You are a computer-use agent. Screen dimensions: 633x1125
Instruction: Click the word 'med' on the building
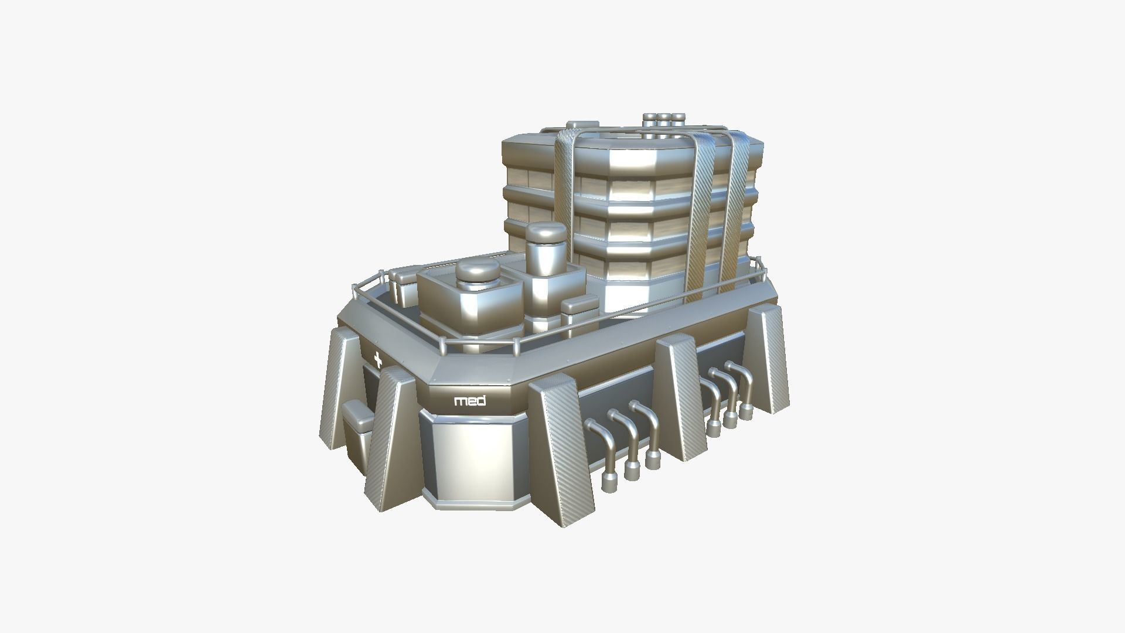click(470, 401)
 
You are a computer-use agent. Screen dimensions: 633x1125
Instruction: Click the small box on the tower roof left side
click(582, 125)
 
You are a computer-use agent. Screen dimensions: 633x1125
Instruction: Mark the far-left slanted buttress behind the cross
click(340, 387)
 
